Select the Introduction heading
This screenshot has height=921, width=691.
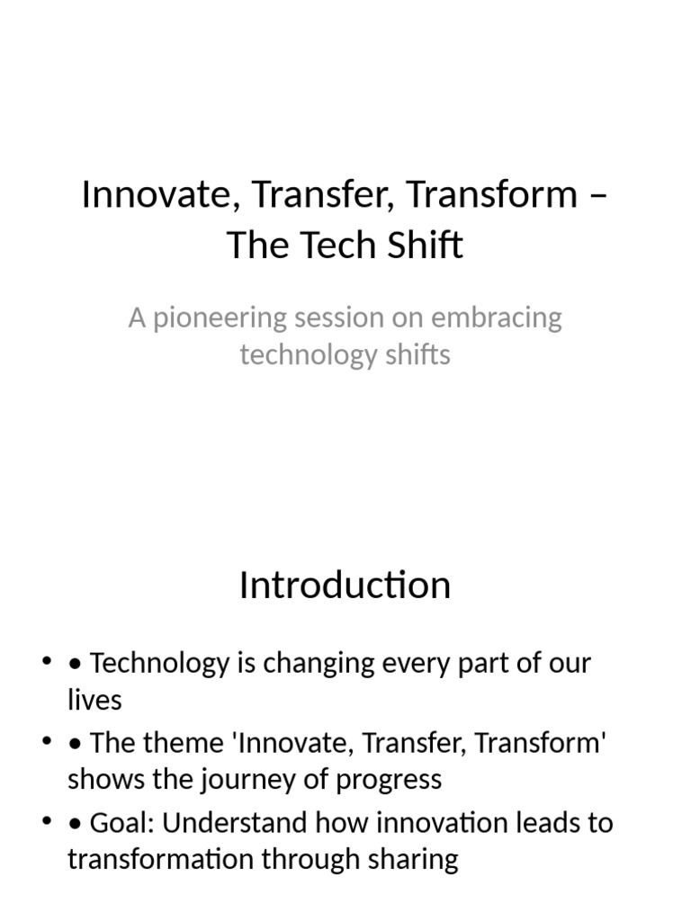pos(345,586)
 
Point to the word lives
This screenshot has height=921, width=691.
pos(94,700)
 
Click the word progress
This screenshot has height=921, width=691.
pos(388,779)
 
